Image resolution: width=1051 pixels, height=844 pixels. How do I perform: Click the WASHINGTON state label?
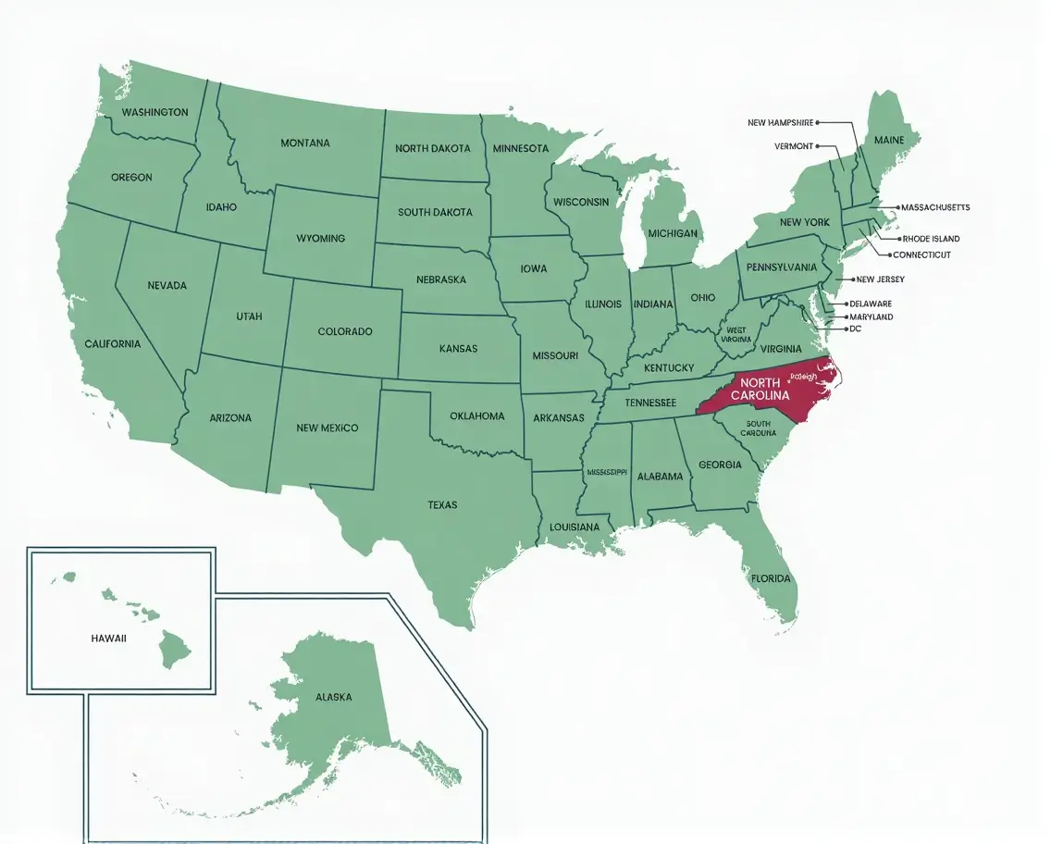(155, 112)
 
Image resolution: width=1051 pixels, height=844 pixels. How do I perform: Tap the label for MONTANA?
(305, 143)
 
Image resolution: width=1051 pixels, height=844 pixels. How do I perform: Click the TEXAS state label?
(442, 505)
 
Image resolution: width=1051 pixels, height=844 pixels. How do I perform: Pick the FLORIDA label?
(771, 578)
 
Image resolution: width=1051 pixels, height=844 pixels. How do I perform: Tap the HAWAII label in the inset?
(108, 639)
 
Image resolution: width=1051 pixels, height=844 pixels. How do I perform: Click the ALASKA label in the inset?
(333, 697)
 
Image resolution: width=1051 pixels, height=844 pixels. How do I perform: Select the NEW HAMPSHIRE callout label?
(780, 122)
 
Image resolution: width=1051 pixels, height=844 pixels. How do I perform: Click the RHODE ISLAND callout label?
(931, 239)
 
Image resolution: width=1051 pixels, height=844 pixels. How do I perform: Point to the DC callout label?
(855, 329)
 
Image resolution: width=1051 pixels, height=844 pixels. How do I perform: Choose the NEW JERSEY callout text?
(880, 279)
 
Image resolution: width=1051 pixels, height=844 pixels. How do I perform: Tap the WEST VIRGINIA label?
(736, 334)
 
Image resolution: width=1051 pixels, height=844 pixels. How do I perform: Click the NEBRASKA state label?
(441, 279)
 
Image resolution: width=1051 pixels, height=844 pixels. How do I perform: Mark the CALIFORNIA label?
(113, 343)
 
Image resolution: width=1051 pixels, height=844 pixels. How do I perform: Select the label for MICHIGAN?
(673, 233)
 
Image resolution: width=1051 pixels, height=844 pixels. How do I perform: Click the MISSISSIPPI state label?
(608, 472)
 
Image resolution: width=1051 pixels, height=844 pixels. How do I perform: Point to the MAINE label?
(889, 140)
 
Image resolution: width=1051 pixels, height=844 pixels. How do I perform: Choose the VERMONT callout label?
(794, 146)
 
